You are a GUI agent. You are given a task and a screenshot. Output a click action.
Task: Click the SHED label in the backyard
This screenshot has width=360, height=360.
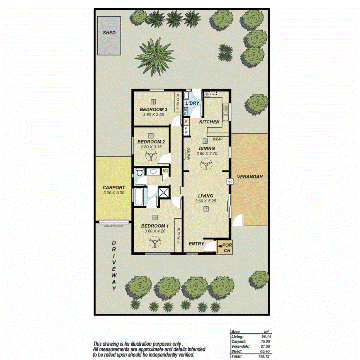click(x=109, y=33)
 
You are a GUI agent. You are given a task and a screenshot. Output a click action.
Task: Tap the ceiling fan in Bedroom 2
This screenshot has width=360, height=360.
click(x=150, y=156)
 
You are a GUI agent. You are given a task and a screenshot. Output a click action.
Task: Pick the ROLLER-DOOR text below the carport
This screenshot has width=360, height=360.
click(x=114, y=226)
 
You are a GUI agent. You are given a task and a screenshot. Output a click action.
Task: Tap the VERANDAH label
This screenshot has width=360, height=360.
click(x=250, y=177)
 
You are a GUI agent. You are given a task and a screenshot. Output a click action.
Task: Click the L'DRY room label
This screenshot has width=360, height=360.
click(x=192, y=104)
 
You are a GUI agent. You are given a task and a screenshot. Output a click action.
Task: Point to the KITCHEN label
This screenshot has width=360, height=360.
click(x=209, y=122)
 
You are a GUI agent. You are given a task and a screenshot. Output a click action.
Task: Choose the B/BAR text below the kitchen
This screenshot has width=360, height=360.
click(x=218, y=139)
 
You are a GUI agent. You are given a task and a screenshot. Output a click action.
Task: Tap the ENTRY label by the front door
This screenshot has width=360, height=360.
click(x=196, y=244)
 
